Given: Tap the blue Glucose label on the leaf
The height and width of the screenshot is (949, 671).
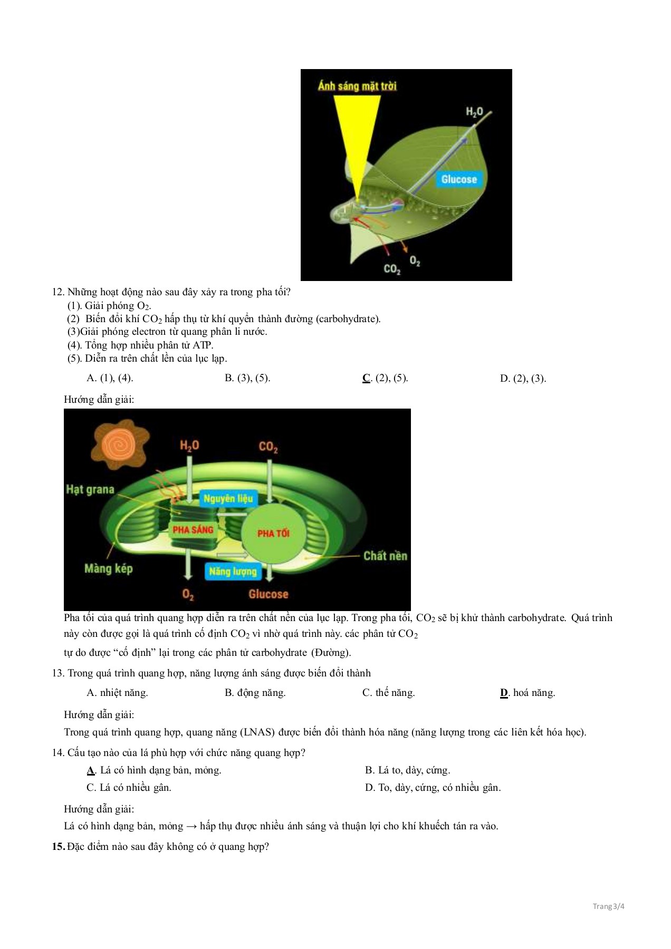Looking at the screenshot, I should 458,179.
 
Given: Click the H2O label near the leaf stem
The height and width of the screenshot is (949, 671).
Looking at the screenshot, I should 474,111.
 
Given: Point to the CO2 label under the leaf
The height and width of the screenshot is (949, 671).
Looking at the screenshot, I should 391,269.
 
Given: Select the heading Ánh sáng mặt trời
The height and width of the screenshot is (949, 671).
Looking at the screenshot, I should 357,86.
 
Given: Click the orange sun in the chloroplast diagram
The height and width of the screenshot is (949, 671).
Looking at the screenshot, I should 119,446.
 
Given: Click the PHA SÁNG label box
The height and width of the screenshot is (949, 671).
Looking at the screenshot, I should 193,529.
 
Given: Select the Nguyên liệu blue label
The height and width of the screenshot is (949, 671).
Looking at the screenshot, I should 228,498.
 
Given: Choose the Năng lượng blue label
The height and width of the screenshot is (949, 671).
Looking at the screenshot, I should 233,571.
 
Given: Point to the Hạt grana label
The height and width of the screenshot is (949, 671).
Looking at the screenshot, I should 90,489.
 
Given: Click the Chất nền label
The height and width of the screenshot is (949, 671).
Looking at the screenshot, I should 385,556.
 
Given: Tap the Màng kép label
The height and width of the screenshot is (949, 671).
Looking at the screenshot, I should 108,568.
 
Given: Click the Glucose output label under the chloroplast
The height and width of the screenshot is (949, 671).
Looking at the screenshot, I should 268,594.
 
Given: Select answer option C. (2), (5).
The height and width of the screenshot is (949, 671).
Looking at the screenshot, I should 385,378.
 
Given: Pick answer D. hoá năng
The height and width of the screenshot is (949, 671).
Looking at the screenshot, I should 527,693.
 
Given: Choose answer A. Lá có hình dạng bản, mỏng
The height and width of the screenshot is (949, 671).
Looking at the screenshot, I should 154,770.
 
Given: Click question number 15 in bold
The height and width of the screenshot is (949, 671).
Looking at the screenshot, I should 58,847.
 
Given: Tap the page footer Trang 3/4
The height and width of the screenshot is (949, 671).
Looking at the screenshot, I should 608,907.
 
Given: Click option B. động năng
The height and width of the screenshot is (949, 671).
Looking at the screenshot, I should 255,693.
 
